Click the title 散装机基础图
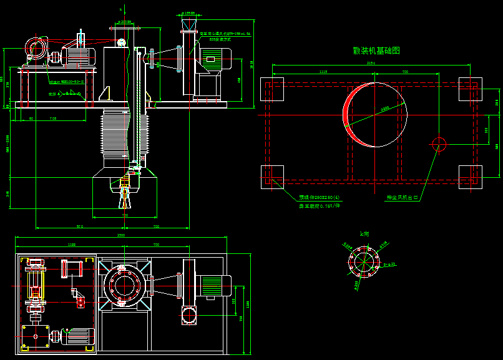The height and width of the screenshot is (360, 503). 376,51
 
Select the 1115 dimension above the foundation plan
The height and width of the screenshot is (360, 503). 323,72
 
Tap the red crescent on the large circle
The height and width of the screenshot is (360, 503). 347,112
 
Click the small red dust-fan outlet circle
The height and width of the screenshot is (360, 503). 439,145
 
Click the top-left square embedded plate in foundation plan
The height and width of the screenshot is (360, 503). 271,89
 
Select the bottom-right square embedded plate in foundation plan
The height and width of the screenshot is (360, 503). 470,177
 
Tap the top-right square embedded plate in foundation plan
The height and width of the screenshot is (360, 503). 470,89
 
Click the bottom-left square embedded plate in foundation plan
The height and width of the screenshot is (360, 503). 271,177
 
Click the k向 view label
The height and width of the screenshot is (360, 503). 365,233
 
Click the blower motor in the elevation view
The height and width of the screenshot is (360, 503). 214,60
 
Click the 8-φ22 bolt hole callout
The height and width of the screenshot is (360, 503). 389,265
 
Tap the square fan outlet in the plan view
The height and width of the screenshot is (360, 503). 188,317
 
